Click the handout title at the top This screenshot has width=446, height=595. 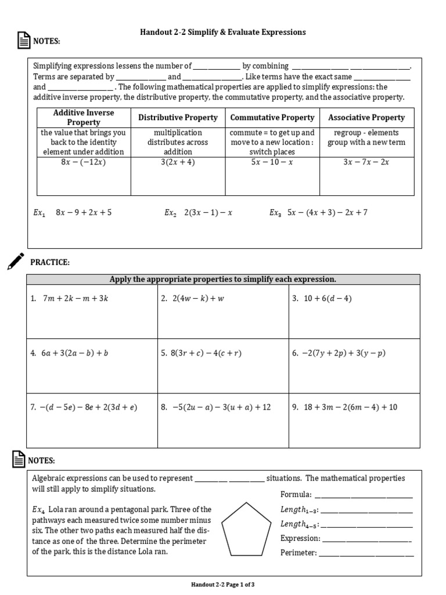pyautogui.click(x=223, y=32)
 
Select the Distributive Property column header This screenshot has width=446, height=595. pyautogui.click(x=178, y=117)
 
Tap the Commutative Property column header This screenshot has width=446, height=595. pyautogui.click(x=272, y=117)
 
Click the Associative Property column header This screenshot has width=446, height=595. pyautogui.click(x=366, y=117)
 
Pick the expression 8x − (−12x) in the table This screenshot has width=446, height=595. pyautogui.click(x=84, y=162)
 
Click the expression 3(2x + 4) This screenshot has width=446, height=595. pyautogui.click(x=178, y=162)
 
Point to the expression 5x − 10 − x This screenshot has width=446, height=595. pyautogui.click(x=272, y=162)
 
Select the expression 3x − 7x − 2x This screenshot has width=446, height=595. pyautogui.click(x=366, y=162)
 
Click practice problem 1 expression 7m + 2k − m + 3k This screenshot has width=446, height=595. pyautogui.click(x=75, y=299)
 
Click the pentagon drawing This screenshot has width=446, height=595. pyautogui.click(x=247, y=529)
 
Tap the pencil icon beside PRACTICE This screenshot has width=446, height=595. pyautogui.click(x=16, y=261)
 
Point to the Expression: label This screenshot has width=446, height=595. pyautogui.click(x=300, y=539)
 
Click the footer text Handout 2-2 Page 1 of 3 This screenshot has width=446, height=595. pyautogui.click(x=223, y=585)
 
